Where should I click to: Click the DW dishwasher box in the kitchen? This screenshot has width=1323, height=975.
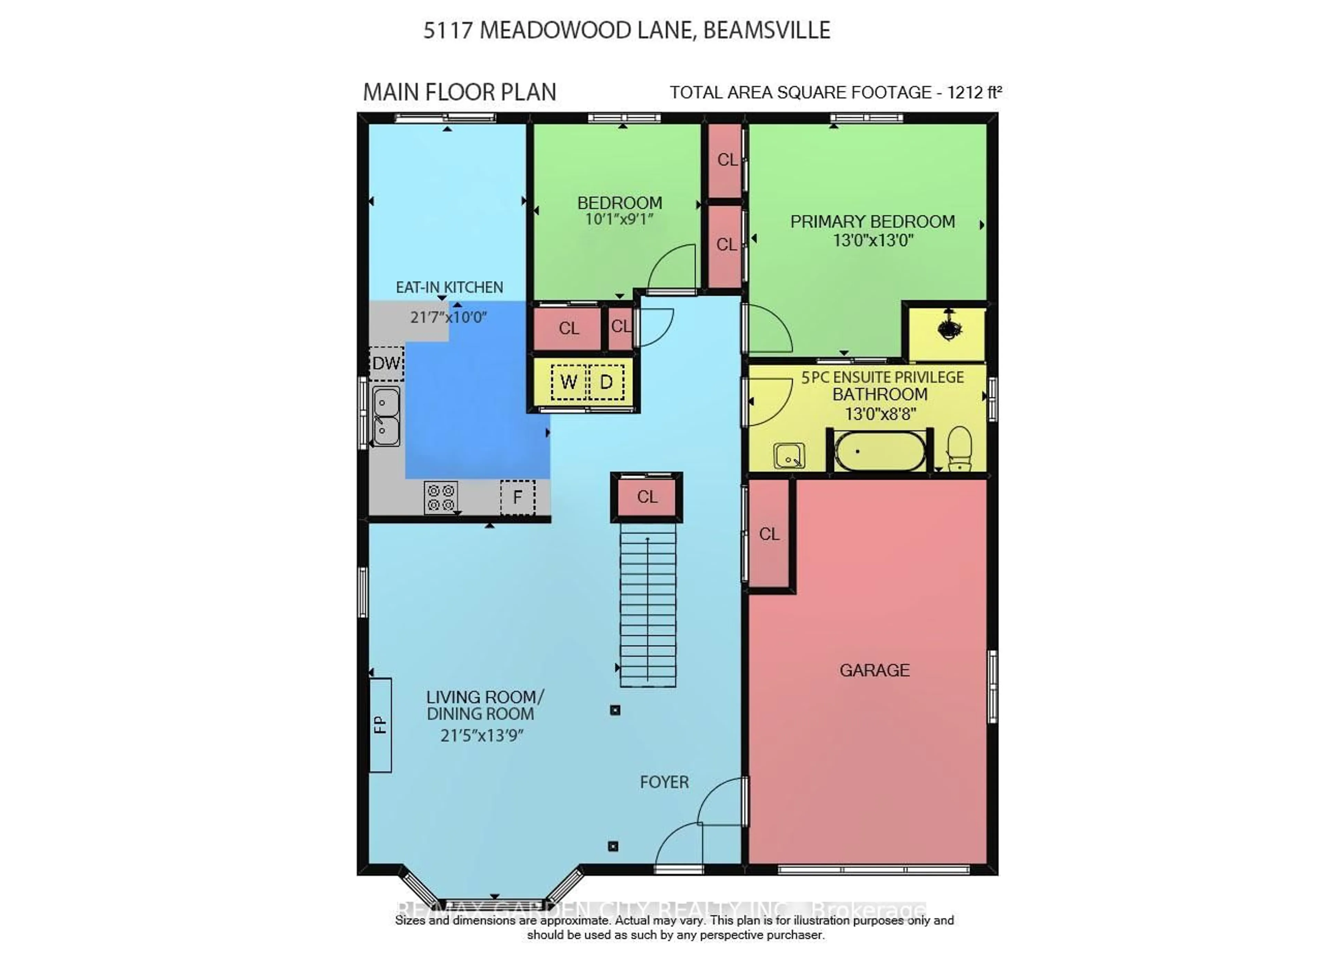pos(386,363)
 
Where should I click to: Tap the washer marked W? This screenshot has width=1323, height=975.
pos(568,382)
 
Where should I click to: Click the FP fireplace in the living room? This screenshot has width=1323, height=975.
pos(380,725)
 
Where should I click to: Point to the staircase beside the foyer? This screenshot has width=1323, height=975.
pos(648,605)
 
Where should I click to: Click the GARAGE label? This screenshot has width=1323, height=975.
pos(874,670)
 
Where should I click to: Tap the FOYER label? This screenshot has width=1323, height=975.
pos(664,782)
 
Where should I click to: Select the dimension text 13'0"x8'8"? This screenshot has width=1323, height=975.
pos(880,414)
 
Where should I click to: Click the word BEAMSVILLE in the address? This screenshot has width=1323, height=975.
pos(767,30)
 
